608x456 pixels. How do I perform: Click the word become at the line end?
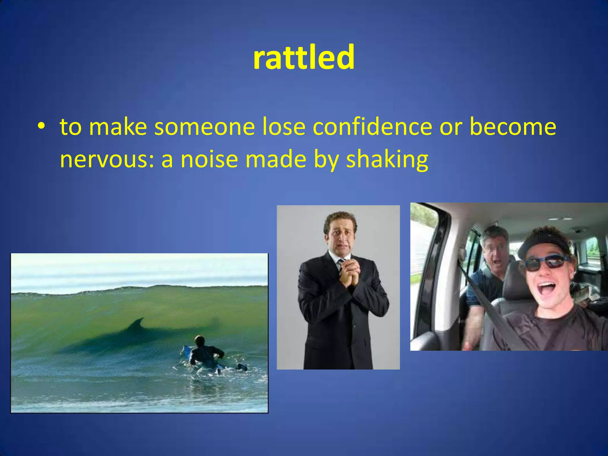tap(513, 127)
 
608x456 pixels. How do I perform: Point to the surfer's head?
tap(199, 340)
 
